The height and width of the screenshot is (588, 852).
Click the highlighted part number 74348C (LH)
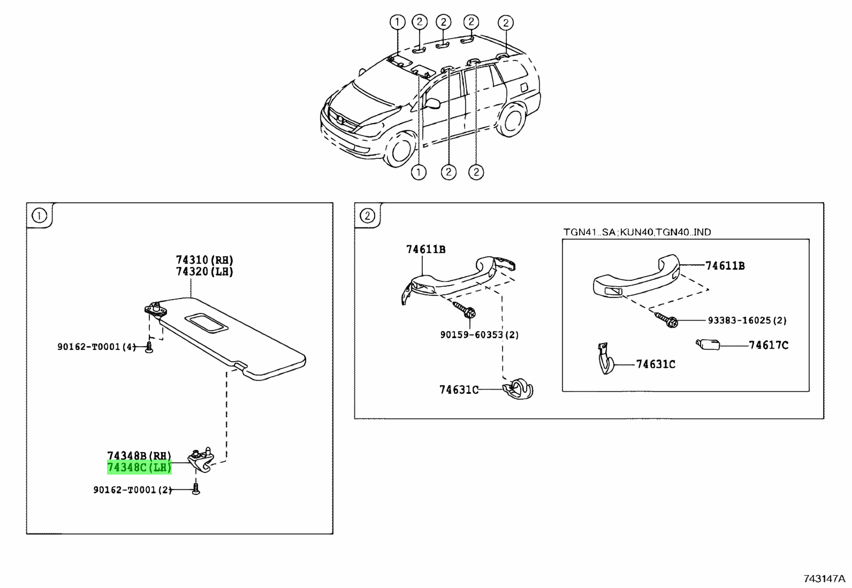pos(139,468)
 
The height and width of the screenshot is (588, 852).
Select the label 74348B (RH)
pos(139,456)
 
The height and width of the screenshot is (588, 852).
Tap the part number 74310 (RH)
pos(204,260)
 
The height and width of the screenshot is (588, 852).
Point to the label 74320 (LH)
pos(204,272)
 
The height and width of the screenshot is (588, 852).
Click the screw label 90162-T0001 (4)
pos(97,347)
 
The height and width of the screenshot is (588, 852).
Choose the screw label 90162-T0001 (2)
pos(133,490)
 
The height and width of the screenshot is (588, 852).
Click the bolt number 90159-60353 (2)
pos(480,335)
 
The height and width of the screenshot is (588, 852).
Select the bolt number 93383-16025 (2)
pos(747,320)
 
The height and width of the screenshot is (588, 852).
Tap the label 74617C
pos(769,346)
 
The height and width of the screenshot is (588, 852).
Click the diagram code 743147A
pos(824,579)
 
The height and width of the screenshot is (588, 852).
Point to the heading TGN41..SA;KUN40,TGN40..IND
pos(637,232)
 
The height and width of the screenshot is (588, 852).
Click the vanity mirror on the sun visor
pos(207,323)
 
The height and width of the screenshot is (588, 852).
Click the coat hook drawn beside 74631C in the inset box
pos(605,358)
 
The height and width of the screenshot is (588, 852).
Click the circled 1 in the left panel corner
pos(39,216)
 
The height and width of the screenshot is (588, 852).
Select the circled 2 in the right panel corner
pos(367,216)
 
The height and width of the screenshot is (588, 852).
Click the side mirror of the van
pos(432,103)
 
